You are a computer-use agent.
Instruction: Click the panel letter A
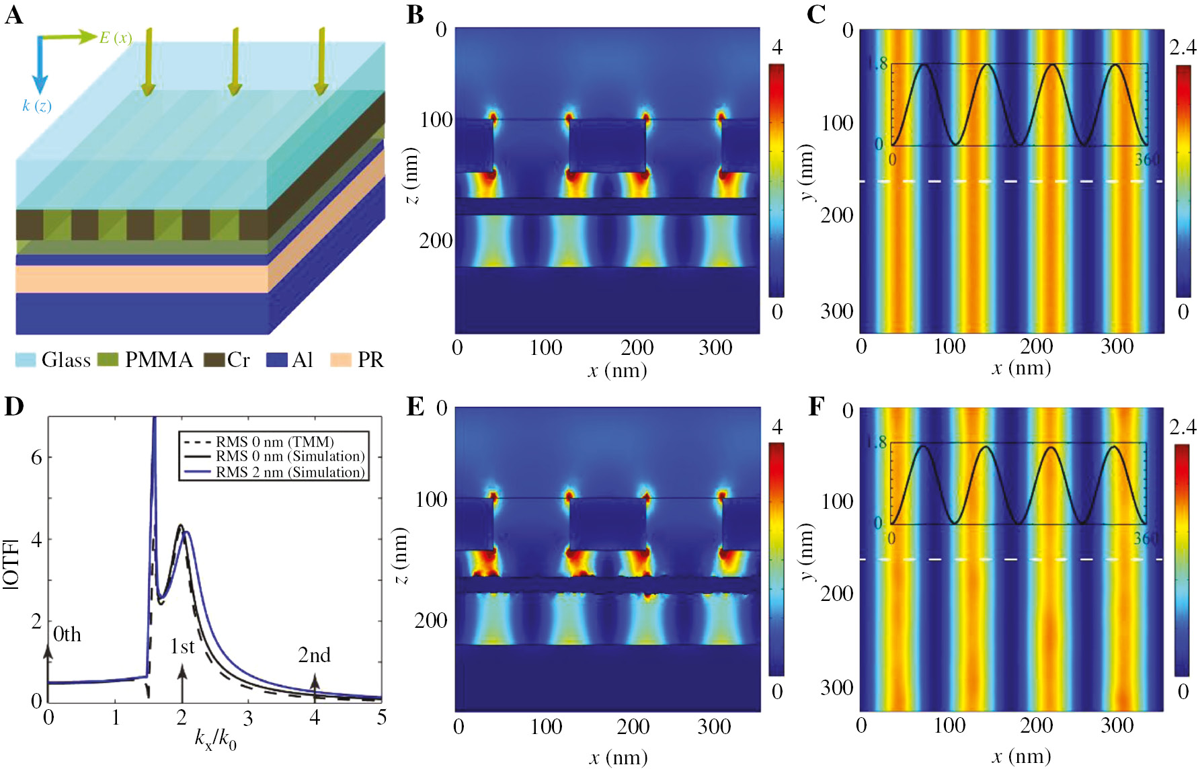point(13,15)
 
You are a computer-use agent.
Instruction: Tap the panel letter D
point(13,406)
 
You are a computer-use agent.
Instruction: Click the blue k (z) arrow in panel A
point(40,67)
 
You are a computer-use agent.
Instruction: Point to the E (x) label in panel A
point(115,38)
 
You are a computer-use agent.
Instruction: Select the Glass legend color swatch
point(26,360)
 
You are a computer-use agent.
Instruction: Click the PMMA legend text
point(159,360)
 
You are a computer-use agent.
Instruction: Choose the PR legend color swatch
point(341,360)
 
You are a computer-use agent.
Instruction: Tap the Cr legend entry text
point(239,360)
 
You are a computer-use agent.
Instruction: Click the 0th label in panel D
point(67,634)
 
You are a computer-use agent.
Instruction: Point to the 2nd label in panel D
point(314,655)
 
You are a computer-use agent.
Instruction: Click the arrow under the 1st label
point(182,682)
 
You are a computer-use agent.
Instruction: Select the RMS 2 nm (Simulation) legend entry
point(290,472)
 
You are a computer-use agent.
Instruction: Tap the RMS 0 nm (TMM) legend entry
point(274,442)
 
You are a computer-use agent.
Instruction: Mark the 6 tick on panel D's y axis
point(36,458)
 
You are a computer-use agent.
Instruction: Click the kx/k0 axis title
point(215,739)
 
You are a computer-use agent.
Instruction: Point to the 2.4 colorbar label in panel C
point(1183,47)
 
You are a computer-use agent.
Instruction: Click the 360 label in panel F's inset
point(1147,538)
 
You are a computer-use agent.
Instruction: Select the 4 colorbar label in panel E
point(776,427)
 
